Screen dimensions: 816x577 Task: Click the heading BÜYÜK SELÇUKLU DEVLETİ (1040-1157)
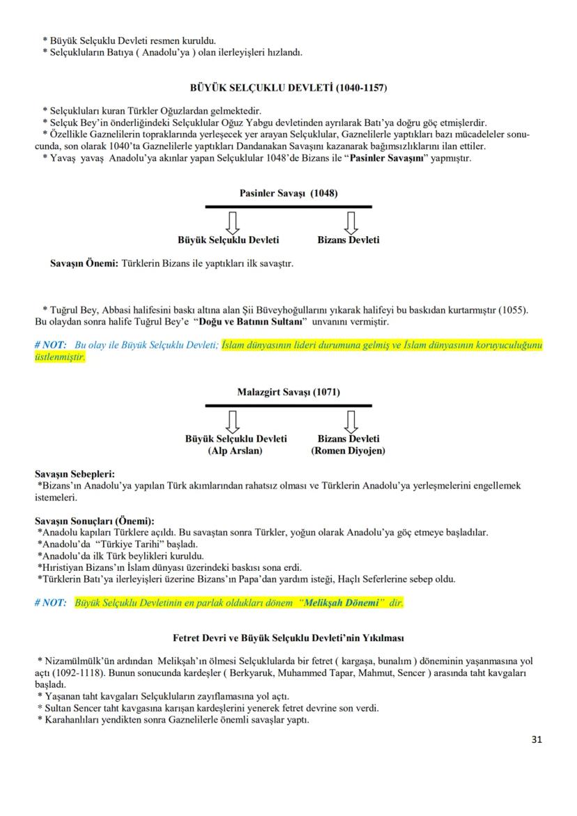click(288, 88)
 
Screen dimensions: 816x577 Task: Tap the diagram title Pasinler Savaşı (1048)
click(288, 194)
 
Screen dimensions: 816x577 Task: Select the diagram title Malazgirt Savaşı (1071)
click(288, 392)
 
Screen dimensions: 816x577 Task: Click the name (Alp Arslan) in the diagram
click(236, 451)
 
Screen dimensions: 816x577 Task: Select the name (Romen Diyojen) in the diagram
click(348, 451)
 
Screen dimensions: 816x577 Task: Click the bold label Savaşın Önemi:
click(84, 264)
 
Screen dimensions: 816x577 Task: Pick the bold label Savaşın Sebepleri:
click(75, 475)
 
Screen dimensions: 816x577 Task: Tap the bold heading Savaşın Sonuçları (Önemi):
click(95, 521)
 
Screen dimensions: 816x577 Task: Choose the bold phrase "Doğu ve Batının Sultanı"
click(252, 323)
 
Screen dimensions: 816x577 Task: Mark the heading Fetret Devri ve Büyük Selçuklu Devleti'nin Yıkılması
click(288, 638)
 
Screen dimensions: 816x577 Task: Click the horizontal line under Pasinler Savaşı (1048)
click(288, 207)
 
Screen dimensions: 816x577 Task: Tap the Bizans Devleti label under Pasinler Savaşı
click(348, 240)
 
